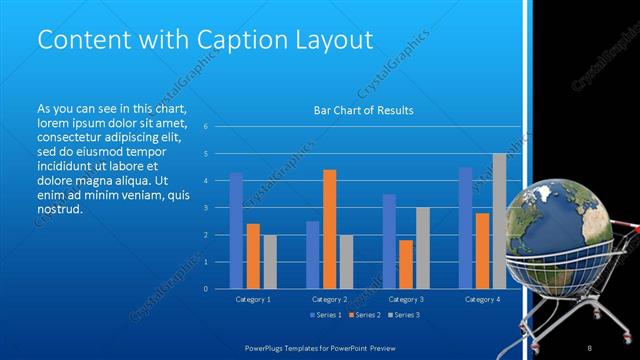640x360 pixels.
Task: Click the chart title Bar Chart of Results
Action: pyautogui.click(x=364, y=110)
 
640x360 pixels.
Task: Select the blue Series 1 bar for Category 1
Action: pyautogui.click(x=236, y=231)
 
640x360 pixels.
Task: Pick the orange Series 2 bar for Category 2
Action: pyautogui.click(x=329, y=229)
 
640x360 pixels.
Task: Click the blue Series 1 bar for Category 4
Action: pyautogui.click(x=465, y=228)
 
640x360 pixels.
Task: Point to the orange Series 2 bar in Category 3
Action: pyautogui.click(x=405, y=264)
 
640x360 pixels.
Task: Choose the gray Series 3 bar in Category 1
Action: pyautogui.click(x=269, y=262)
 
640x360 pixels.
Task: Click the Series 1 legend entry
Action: pyautogui.click(x=325, y=315)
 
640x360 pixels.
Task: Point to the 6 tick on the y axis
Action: pyautogui.click(x=205, y=127)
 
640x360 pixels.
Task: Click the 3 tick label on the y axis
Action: pyautogui.click(x=205, y=208)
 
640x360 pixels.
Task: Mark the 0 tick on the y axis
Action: pyautogui.click(x=205, y=289)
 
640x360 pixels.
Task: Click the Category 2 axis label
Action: pyautogui.click(x=329, y=299)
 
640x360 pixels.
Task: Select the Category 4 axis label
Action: pyautogui.click(x=483, y=299)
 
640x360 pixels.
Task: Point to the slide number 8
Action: pyautogui.click(x=590, y=347)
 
